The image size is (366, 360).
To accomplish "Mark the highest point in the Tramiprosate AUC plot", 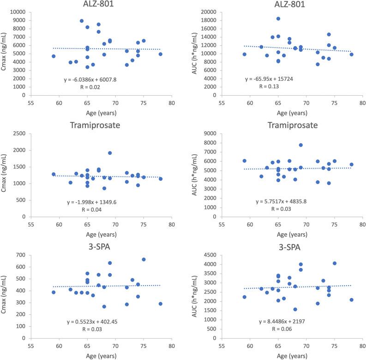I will pos(300,145).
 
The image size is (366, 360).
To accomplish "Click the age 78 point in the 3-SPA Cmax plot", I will pos(161,304).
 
